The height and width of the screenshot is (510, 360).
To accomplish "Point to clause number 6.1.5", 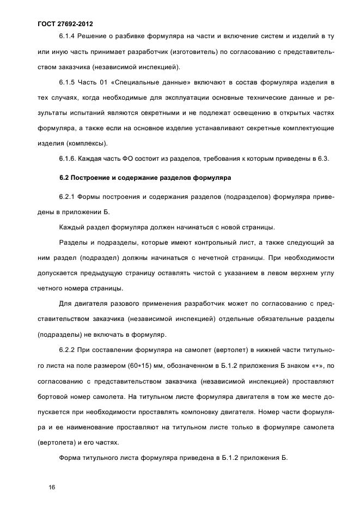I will tap(67, 82).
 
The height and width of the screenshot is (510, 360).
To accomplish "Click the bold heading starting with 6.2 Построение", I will tap(145, 177).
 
